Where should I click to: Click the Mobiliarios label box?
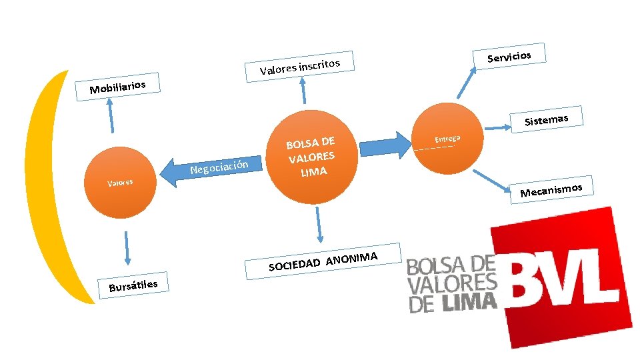(117, 86)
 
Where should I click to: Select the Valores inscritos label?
(300, 67)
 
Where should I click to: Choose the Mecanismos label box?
(551, 190)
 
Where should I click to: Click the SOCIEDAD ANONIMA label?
(324, 261)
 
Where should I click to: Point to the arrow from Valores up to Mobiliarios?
(111, 117)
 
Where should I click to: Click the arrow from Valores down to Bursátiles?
(127, 249)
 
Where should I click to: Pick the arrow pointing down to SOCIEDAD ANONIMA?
(319, 224)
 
